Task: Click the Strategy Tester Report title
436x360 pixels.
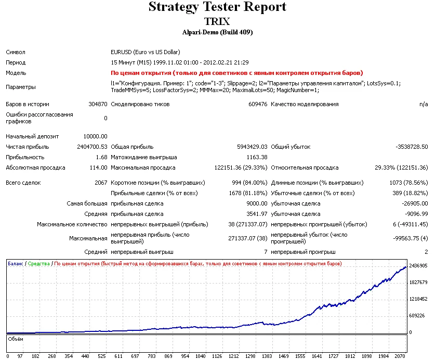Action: tap(217, 7)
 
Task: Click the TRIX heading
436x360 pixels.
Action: tap(217, 22)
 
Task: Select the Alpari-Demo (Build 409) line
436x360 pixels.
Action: tap(217, 32)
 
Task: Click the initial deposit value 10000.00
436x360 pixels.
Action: tap(95, 136)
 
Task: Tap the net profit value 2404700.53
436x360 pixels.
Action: tap(89, 147)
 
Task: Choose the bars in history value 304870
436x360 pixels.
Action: tap(98, 104)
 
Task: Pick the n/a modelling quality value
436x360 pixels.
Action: tap(423, 104)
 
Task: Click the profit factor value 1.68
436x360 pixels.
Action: tap(101, 157)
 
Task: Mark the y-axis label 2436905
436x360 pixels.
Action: tap(418, 266)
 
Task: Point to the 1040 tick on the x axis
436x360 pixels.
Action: tap(200, 356)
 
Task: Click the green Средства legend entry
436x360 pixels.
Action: tap(39, 264)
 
